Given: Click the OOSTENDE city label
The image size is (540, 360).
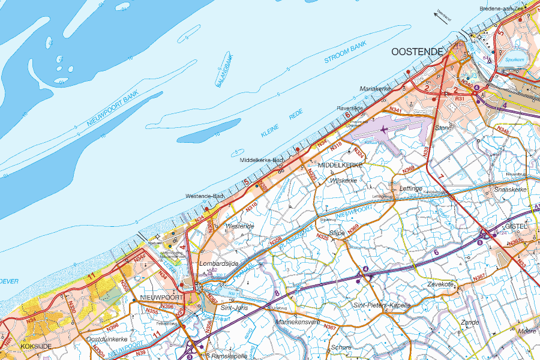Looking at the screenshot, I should click(417, 52).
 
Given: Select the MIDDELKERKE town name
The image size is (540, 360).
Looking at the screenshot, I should click(341, 164).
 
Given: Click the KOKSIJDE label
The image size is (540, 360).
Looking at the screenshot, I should click(26, 347).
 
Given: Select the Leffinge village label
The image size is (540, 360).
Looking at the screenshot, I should click(411, 188).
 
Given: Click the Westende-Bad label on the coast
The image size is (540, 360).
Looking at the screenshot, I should click(205, 196).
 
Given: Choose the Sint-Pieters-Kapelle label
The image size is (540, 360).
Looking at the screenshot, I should click(382, 305).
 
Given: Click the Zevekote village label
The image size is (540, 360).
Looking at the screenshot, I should click(443, 284).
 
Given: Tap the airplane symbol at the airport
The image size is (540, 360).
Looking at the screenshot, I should click(385, 128).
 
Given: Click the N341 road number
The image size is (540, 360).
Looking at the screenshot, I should click(395, 110).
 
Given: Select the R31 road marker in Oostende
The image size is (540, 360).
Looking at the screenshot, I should click(460, 98).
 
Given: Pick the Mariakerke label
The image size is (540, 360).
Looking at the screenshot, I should click(376, 89).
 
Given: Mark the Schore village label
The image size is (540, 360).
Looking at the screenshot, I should click(341, 347).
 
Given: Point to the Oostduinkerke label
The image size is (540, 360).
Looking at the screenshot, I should click(105, 339).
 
